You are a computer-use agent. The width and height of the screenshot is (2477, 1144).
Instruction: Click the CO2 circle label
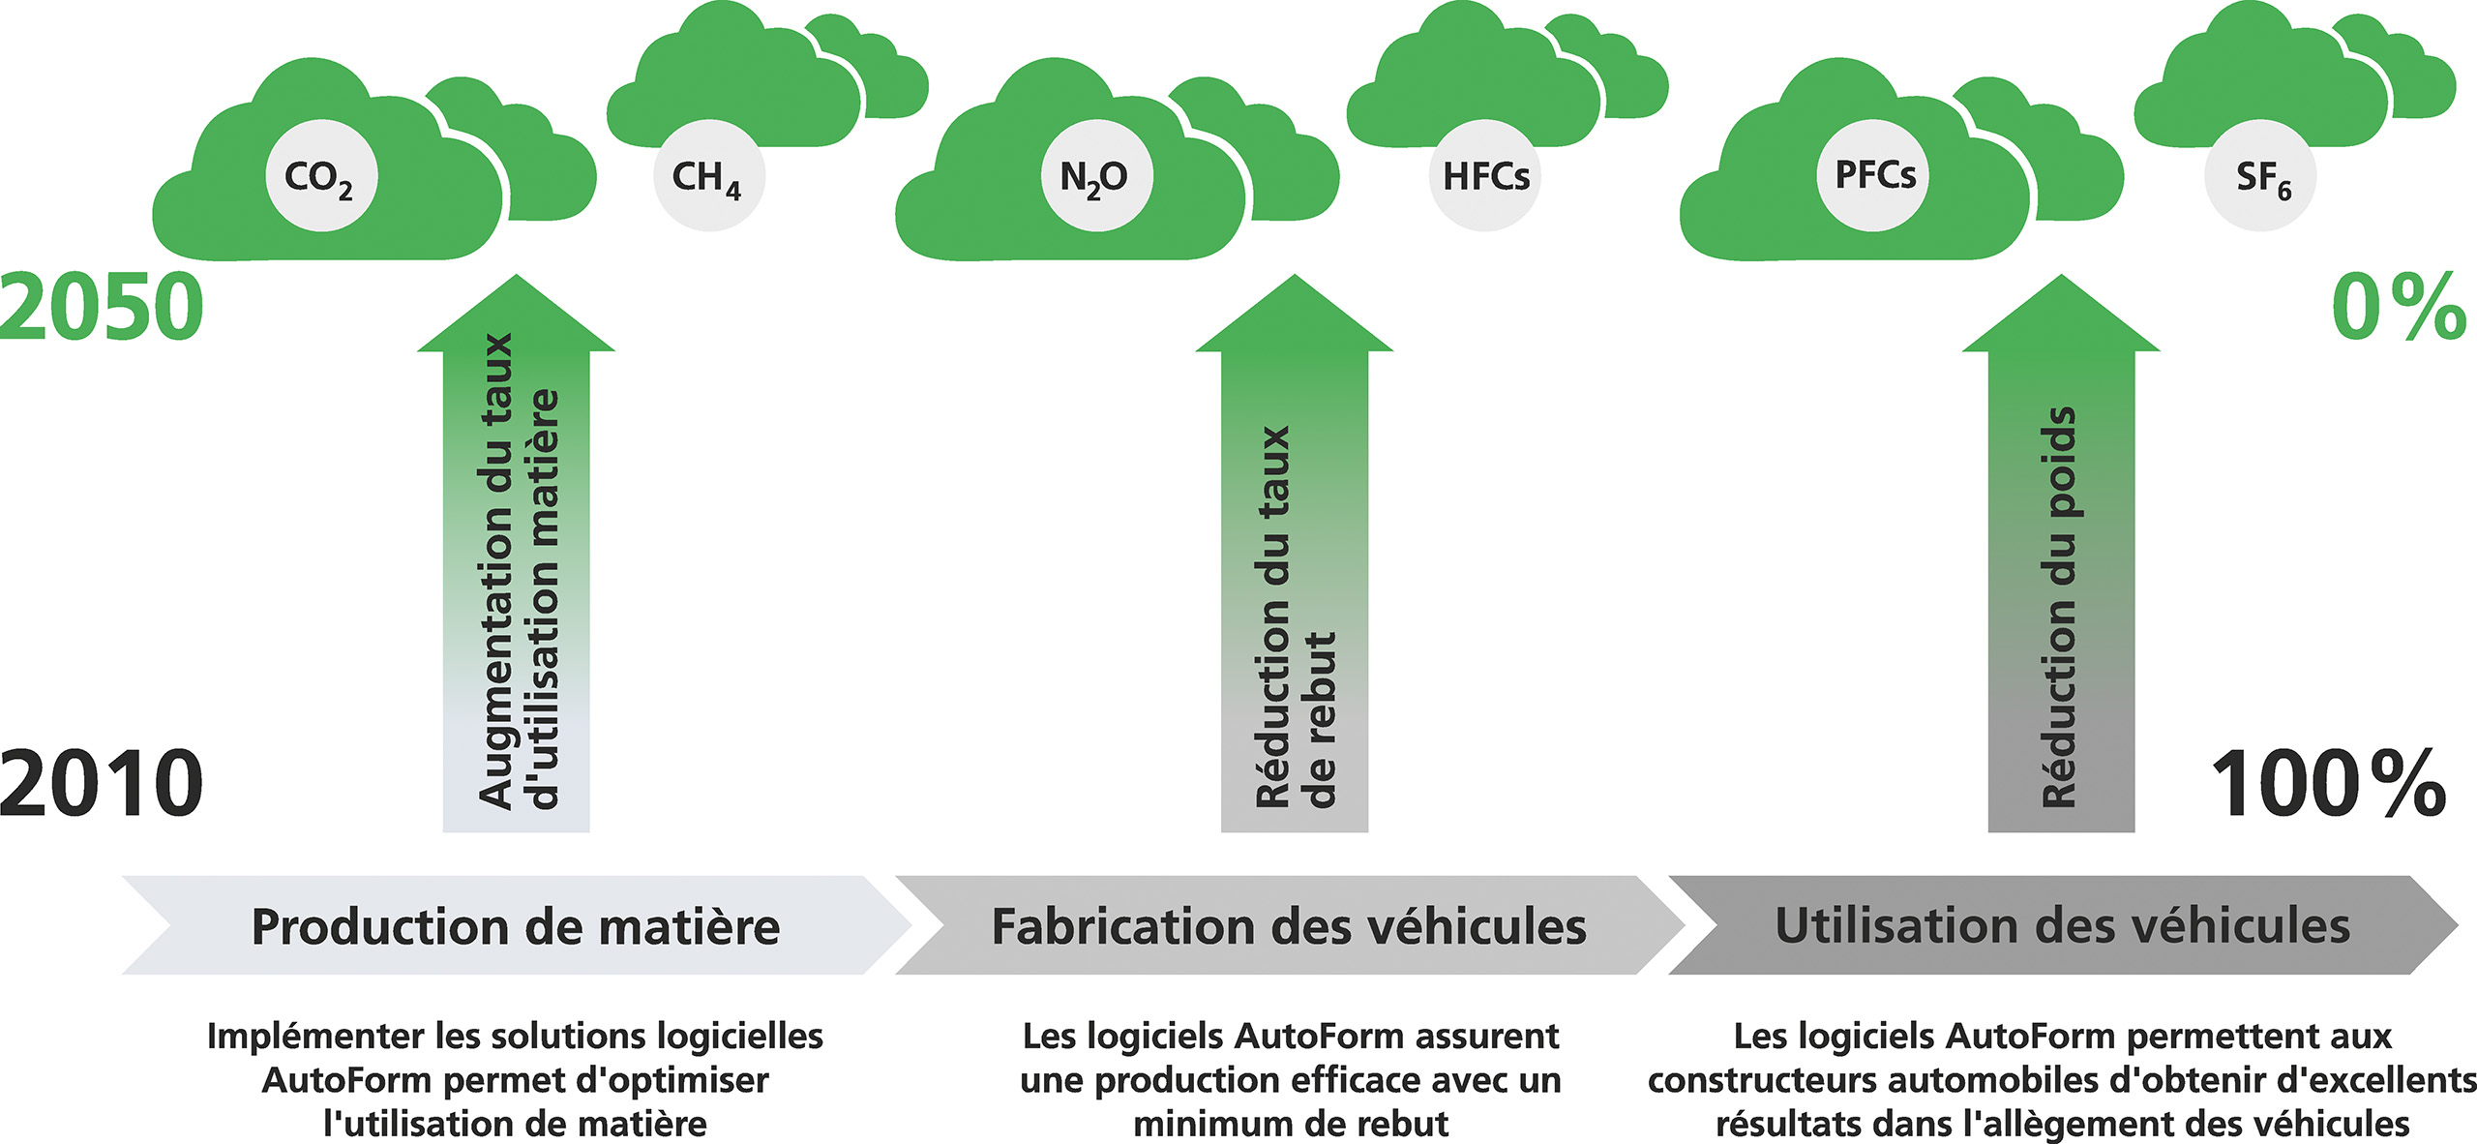321,176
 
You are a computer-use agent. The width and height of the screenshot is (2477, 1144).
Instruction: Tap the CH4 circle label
708,176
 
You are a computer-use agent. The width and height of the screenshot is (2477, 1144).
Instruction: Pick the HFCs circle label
1485,176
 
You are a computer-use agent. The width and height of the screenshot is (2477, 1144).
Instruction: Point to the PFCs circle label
1874,175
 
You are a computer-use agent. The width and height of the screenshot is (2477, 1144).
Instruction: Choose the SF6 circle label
2261,176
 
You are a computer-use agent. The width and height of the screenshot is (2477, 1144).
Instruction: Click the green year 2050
102,307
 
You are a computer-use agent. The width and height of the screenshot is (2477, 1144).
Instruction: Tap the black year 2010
102,782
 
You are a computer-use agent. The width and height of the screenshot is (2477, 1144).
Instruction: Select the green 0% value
2398,307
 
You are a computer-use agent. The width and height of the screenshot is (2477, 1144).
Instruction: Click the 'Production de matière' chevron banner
516,925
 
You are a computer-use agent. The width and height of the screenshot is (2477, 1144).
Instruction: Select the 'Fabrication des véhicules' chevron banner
1289,925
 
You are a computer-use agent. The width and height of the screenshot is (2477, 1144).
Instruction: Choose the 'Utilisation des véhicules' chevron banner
2062,925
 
